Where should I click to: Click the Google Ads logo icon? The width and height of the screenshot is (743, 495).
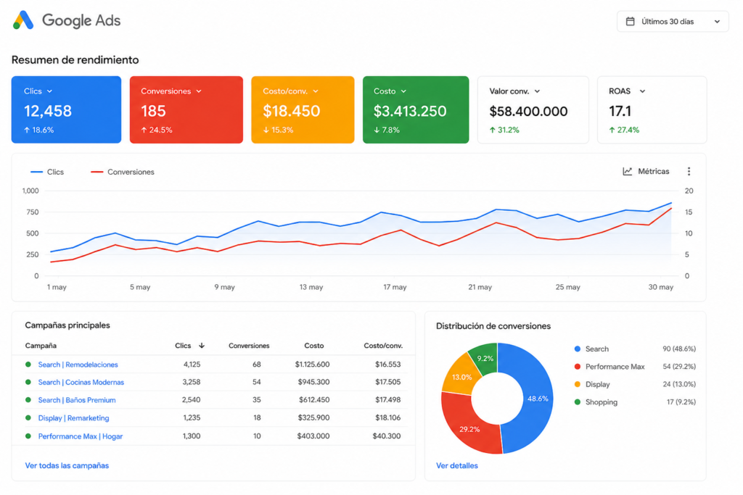click(23, 20)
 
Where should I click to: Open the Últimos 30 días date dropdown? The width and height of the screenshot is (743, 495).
click(673, 22)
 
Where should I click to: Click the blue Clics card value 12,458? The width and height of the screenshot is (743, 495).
click(48, 111)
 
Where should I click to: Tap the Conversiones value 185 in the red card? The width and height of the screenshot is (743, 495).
click(153, 111)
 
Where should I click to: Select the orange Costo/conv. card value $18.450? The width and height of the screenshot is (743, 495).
click(292, 111)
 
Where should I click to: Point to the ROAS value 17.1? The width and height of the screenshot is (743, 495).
click(620, 111)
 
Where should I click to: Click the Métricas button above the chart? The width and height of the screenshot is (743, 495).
click(646, 171)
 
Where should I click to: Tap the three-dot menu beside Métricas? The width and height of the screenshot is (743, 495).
click(689, 171)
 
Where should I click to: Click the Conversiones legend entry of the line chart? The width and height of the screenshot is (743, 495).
click(122, 172)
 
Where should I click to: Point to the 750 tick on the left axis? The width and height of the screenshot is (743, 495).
click(32, 212)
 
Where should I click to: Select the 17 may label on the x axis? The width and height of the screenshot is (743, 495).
click(395, 287)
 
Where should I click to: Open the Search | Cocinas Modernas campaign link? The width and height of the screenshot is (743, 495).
click(81, 383)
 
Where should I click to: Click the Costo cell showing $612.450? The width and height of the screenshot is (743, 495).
click(314, 400)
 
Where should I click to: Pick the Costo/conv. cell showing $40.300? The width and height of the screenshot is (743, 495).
click(386, 436)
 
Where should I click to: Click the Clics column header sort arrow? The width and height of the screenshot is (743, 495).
click(202, 346)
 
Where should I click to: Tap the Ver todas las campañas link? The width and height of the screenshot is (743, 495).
click(67, 466)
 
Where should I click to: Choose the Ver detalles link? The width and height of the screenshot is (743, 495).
click(457, 466)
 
